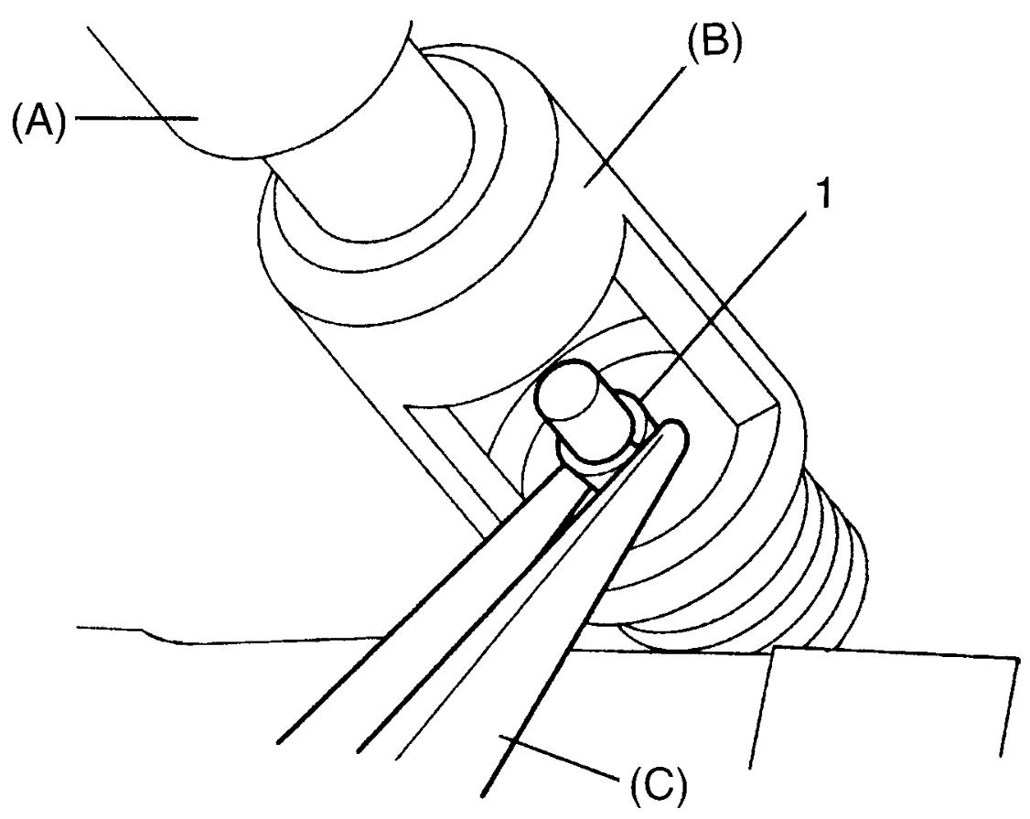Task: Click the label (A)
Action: pyautogui.click(x=39, y=120)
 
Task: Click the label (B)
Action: pyautogui.click(x=714, y=42)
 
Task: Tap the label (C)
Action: pyautogui.click(x=659, y=783)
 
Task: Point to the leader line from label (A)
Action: pyautogui.click(x=136, y=118)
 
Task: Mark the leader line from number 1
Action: pyautogui.click(x=723, y=306)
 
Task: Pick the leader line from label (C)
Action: pyautogui.click(x=559, y=757)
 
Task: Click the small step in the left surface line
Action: pyautogui.click(x=157, y=635)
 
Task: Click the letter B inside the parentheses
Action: pyautogui.click(x=714, y=41)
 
